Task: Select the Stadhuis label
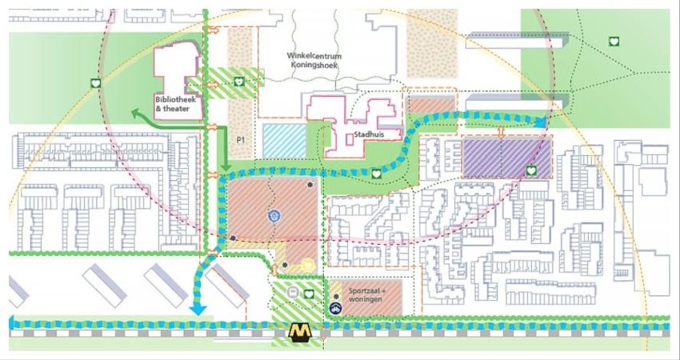(x=370, y=136)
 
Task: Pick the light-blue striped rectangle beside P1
(x=284, y=141)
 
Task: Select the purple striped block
(x=506, y=156)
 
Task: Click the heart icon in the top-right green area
(x=614, y=41)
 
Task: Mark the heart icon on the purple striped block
(x=531, y=170)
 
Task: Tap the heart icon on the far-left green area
(x=94, y=83)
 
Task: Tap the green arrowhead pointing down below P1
(x=225, y=170)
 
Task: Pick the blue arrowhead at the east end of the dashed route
(x=542, y=121)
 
